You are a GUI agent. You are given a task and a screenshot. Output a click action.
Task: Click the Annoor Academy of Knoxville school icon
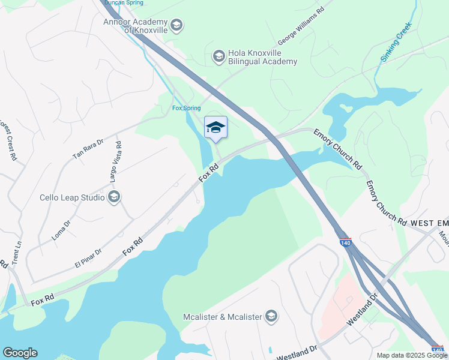pos(176,25)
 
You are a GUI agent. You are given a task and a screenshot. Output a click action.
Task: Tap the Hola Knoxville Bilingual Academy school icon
pos(218,56)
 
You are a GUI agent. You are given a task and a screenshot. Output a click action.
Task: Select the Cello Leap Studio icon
pos(114,197)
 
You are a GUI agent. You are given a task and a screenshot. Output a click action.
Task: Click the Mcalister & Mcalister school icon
pos(271,316)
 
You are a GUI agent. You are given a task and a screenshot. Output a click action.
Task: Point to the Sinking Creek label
pos(396,41)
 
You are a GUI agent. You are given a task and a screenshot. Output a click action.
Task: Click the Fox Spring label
pos(186,108)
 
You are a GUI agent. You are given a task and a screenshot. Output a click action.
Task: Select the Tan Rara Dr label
pos(88,148)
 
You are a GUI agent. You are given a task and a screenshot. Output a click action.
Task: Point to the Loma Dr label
pos(61,230)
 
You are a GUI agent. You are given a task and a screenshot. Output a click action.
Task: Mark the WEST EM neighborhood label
pos(429,223)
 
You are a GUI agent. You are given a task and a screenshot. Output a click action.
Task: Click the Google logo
pos(20,353)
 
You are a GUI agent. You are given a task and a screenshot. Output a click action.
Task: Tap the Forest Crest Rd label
pos(8,141)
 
